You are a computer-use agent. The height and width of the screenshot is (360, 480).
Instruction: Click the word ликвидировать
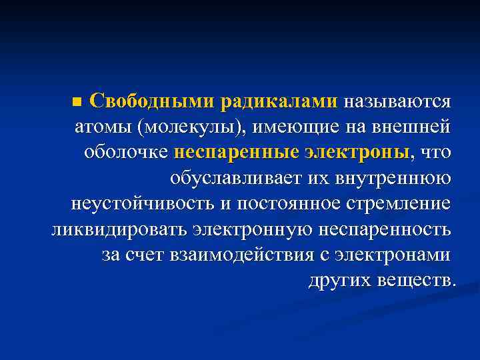coord(118,229)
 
